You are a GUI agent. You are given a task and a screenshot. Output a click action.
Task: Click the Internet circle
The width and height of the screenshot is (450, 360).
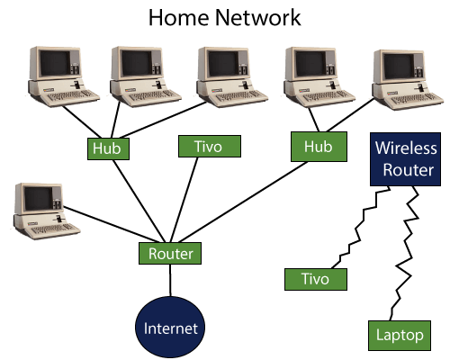[x=170, y=328]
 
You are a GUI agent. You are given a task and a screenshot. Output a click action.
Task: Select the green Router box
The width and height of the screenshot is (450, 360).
[x=170, y=254]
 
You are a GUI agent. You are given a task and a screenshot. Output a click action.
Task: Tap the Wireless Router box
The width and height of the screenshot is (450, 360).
[x=405, y=159]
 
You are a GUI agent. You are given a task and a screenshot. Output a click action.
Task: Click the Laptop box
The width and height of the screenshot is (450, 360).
[x=400, y=336]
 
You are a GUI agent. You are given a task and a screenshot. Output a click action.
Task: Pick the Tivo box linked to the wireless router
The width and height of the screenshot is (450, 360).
[x=316, y=279]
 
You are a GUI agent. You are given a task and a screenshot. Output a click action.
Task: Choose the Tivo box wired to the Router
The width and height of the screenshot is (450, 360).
[x=210, y=146]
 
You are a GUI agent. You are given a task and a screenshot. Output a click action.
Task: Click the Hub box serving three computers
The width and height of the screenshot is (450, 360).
[x=108, y=148]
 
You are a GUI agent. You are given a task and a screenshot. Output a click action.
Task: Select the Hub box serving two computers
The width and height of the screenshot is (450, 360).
[x=319, y=147]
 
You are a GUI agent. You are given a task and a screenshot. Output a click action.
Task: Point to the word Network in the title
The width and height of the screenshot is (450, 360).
[x=258, y=17]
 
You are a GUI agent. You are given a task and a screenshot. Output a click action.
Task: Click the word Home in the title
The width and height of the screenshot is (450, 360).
[x=179, y=17]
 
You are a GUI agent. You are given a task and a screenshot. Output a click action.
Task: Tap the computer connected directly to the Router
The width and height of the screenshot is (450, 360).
[x=46, y=211]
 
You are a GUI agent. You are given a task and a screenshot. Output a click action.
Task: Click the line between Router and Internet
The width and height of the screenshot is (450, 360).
[x=170, y=281]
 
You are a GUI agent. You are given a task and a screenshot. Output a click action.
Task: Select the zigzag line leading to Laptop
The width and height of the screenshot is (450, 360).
[x=405, y=254]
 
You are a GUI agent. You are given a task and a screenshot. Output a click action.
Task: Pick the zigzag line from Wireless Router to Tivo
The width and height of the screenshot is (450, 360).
[x=360, y=228]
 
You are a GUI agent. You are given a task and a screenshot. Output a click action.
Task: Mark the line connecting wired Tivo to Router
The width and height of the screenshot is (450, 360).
[x=184, y=200]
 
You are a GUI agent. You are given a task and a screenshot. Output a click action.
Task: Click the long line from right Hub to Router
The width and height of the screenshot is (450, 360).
[x=243, y=202]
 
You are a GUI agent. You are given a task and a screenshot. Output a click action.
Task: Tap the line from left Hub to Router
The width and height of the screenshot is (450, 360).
[x=139, y=201]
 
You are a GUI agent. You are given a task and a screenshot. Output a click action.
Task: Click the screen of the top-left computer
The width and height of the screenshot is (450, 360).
[x=55, y=63]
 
